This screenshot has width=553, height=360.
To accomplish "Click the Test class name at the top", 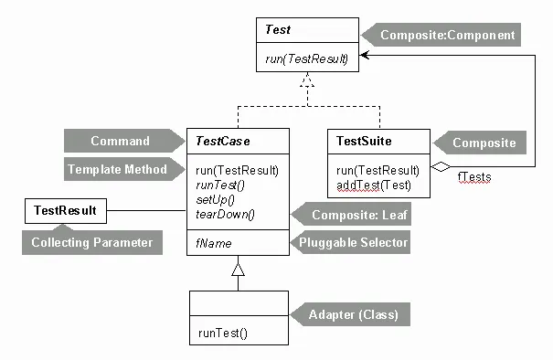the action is pos(278,29).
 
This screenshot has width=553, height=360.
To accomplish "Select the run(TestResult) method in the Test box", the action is pos(307,58).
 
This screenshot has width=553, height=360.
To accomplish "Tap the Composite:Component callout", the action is pos(441,35).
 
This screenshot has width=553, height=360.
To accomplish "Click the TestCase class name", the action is pos(223,141).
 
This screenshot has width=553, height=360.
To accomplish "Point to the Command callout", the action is pos(124,141).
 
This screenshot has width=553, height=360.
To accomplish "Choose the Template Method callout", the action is pos(124,169).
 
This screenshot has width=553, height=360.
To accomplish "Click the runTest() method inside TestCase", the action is pos(220,185).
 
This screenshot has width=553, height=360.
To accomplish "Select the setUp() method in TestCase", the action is pos(215,200).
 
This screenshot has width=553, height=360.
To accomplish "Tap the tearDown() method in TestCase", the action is pos(225,215).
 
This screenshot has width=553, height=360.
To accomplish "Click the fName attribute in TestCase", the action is pos(214,243).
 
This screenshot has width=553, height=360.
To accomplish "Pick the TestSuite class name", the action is pos(364,141).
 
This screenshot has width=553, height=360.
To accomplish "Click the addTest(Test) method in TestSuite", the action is pos(374,185).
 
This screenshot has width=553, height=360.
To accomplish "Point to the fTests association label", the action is pos(474,176).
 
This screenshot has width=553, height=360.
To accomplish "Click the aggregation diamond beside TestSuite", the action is pos(441,167).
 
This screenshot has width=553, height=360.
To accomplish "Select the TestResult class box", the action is pos(66,211).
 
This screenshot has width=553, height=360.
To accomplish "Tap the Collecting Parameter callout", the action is pos(92,242).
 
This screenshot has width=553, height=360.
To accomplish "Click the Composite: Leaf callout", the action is pos(351,214).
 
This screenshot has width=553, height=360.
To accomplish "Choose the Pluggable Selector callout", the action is pos(350,242).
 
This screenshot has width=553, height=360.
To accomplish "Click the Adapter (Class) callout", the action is pos(350,314).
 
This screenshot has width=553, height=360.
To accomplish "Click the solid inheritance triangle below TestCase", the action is pos(238,270).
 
